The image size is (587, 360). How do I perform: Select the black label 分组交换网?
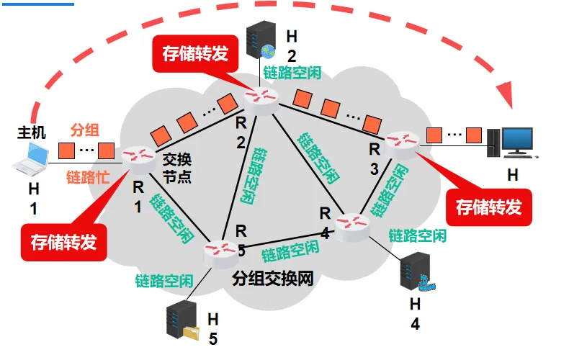point(273,279)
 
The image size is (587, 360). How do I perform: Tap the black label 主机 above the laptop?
point(31,132)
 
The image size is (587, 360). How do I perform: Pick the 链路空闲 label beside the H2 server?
point(292,73)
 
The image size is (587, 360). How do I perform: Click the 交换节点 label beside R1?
point(176,166)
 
